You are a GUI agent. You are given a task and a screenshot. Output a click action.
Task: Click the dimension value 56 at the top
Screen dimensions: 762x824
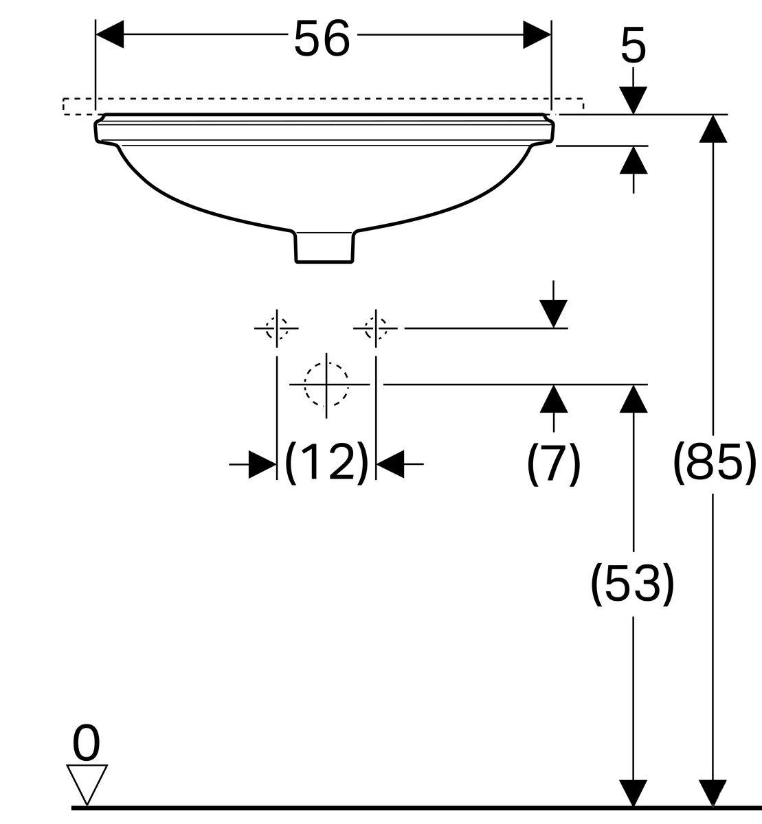pos(322,39)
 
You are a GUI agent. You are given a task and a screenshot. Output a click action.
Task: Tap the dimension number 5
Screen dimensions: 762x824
pos(634,45)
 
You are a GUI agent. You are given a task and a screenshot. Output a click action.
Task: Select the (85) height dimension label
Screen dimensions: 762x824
pos(714,463)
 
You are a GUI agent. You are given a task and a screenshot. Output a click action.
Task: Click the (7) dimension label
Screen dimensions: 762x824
pos(554,463)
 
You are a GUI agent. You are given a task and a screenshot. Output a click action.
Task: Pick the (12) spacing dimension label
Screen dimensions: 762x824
pos(327,463)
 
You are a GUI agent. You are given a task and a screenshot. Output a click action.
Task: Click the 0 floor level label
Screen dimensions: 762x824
pos(86,743)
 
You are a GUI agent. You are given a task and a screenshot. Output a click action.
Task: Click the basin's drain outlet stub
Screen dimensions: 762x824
pos(324,247)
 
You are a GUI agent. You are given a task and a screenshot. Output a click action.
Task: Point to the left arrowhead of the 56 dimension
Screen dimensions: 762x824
pos(110,34)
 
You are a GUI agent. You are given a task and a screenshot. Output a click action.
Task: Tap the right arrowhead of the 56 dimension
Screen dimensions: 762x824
pos(537,34)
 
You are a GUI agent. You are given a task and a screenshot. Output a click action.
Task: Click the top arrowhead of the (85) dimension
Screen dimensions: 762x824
pos(713,128)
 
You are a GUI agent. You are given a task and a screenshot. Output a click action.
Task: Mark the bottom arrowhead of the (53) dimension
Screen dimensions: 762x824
pos(634,793)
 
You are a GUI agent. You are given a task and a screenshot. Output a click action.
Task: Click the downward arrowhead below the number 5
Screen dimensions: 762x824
pos(634,100)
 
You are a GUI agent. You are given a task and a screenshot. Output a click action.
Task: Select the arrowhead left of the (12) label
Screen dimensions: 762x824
pos(262,464)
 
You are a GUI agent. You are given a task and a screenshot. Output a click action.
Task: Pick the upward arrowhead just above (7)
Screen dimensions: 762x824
pos(554,399)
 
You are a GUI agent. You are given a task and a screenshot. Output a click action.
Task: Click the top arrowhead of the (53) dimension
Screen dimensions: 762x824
pos(634,399)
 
